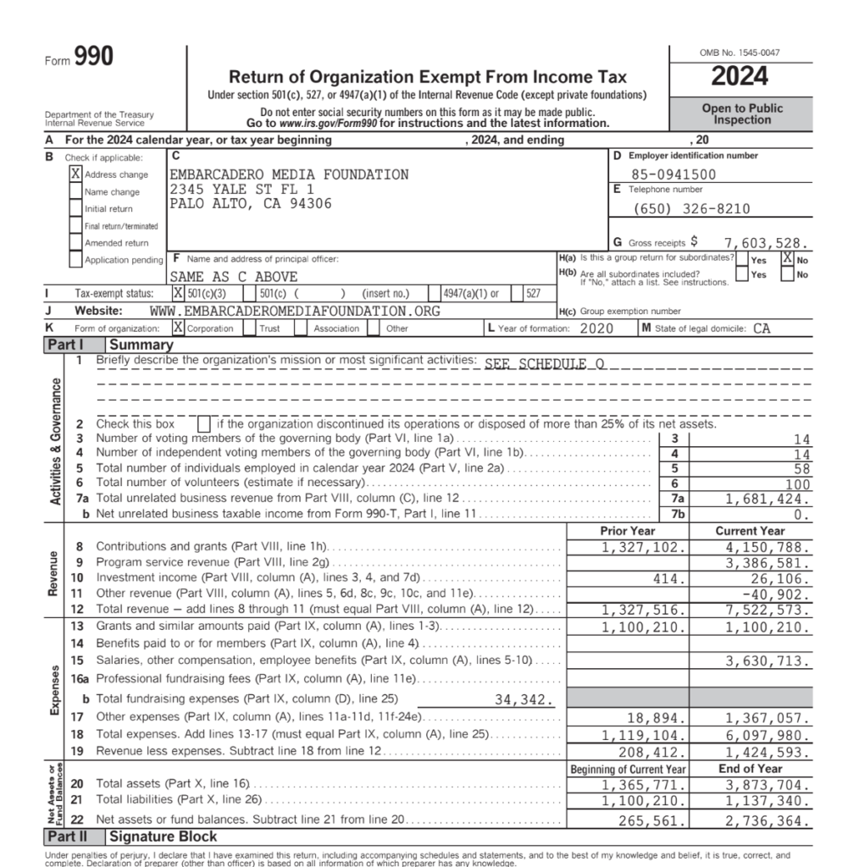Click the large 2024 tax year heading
point(740,76)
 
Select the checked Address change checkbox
point(76,174)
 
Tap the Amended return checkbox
point(76,243)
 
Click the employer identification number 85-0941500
point(674,175)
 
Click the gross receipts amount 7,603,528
point(767,242)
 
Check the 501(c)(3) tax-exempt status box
point(178,293)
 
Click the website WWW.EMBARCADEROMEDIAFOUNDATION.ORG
point(295,311)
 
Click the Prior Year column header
point(627,531)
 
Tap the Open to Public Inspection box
point(742,114)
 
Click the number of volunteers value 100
point(797,483)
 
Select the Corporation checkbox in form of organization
point(178,328)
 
